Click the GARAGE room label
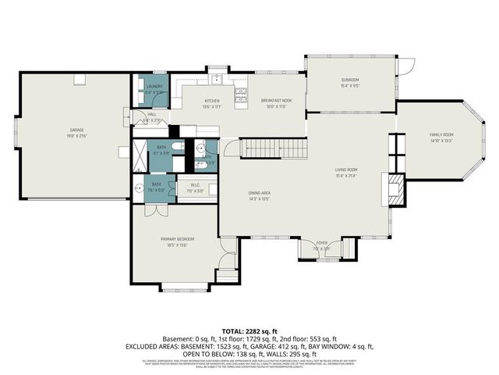tap(75, 130)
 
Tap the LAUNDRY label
tap(154, 87)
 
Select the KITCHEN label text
tap(190, 102)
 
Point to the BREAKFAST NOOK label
tap(275, 102)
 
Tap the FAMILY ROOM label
tap(441, 135)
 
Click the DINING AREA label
tap(237, 198)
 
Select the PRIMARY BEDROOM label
tap(177, 238)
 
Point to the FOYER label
tap(321, 243)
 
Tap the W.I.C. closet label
tap(193, 186)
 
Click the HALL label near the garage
tap(152, 115)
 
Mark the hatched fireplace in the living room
tap(395, 187)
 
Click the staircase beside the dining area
tap(271, 148)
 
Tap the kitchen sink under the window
tap(214, 79)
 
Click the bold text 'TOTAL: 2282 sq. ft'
tap(249, 331)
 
